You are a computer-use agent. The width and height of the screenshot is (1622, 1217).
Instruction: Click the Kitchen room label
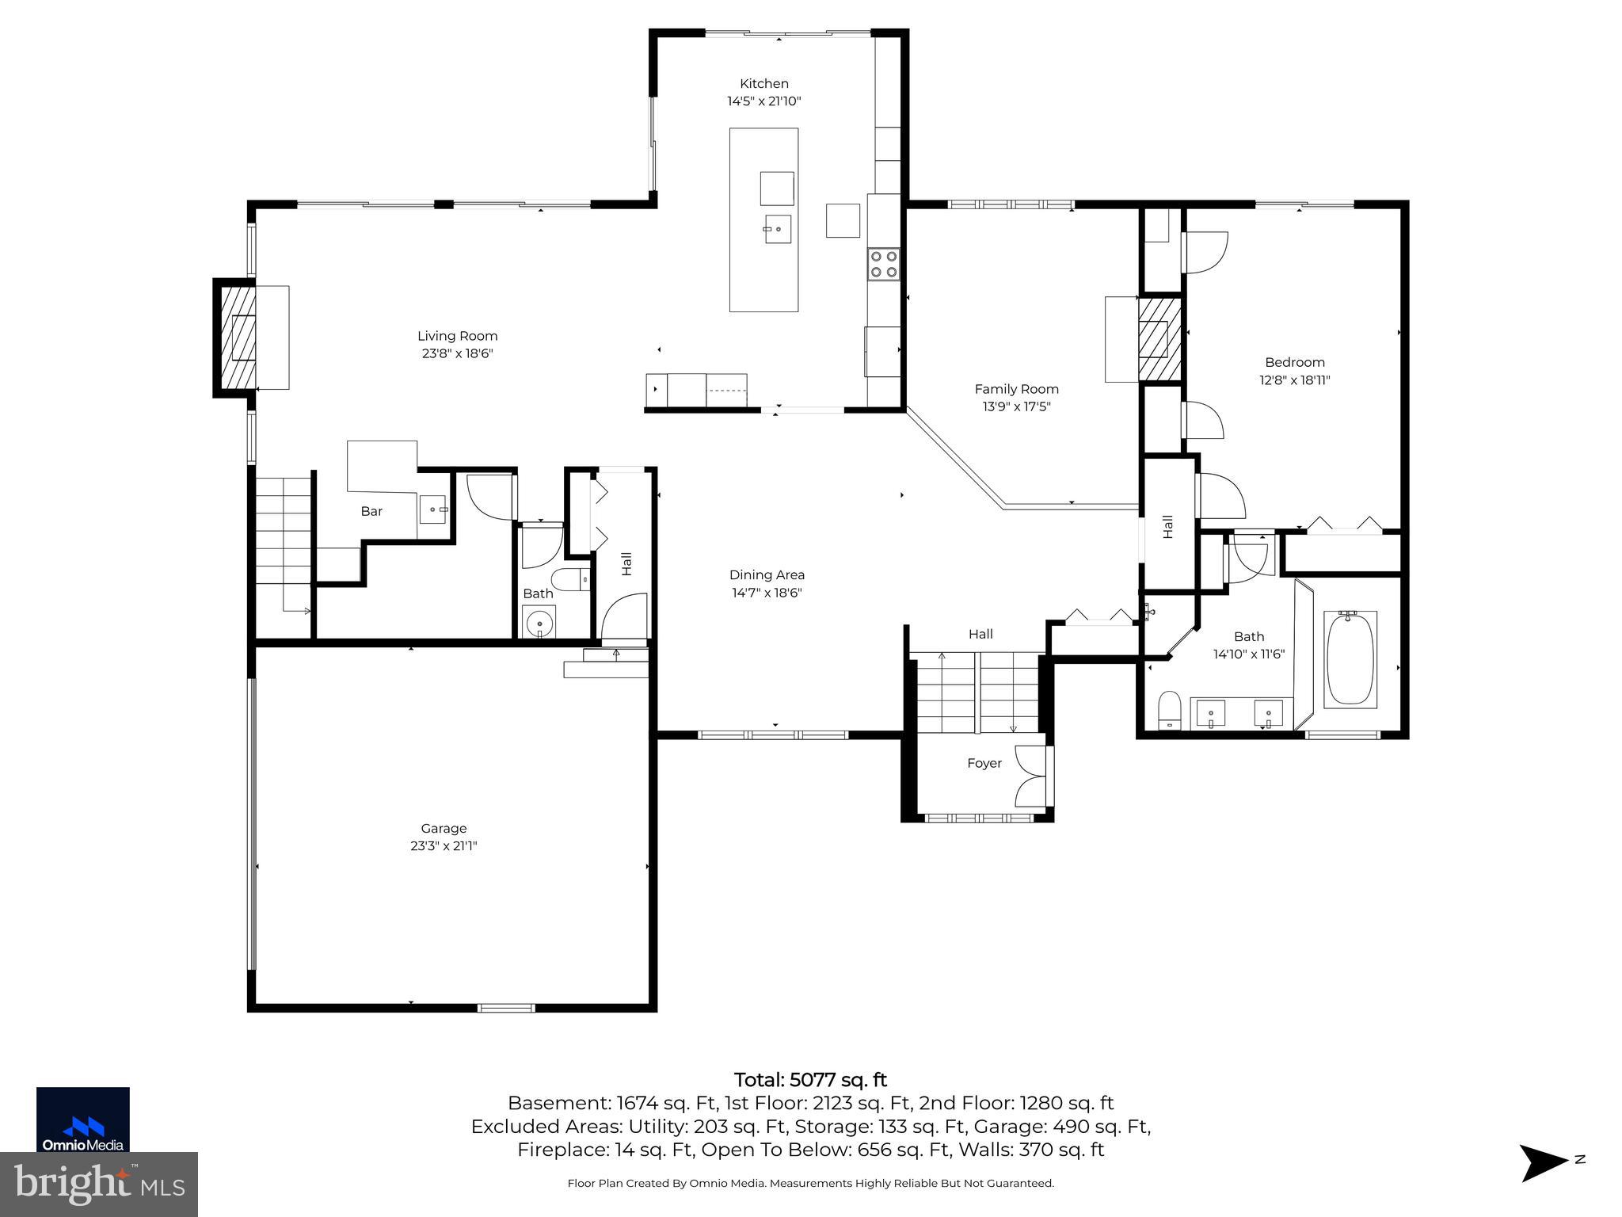coord(763,83)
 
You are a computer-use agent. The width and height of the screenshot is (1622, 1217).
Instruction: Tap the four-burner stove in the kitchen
coord(883,264)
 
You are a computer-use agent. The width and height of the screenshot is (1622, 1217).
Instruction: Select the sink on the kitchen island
coord(777,229)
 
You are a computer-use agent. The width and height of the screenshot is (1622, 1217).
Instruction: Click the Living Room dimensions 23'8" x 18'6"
coord(457,353)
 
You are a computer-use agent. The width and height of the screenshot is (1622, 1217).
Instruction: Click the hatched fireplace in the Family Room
coord(1159,338)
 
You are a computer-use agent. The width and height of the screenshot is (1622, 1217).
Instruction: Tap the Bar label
coord(371,511)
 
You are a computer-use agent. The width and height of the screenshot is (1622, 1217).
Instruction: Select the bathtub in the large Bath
coord(1350,658)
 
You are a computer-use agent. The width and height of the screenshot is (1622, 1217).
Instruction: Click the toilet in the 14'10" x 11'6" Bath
coord(1169,708)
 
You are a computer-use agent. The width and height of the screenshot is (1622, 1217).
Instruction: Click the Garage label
coord(444,828)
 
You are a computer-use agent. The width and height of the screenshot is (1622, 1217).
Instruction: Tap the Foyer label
coord(984,763)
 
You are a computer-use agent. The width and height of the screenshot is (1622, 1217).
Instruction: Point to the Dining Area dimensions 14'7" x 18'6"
coord(766,593)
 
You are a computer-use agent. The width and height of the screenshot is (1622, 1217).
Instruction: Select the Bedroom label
coord(1294,362)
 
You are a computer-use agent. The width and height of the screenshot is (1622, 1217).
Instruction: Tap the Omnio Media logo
coord(83,1120)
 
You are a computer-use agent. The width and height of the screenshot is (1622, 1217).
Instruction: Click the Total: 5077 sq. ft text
coord(810,1080)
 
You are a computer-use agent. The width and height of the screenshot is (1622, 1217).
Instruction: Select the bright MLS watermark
coord(99,1184)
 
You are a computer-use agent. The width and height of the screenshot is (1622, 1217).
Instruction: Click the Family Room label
coord(1016,389)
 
